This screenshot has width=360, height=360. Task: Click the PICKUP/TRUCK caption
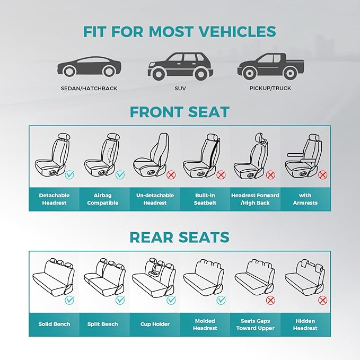(270, 88)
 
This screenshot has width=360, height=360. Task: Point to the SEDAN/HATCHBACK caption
(89, 88)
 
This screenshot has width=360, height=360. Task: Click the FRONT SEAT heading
(180, 112)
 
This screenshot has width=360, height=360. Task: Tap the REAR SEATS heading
(180, 237)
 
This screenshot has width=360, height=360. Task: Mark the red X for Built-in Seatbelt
(221, 174)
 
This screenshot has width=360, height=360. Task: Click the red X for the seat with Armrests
(322, 174)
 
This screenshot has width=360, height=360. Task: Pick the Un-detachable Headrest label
(155, 199)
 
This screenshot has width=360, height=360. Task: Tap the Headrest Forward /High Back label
(256, 199)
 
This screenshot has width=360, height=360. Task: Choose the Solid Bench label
(54, 324)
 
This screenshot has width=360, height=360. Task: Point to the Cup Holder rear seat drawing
(154, 277)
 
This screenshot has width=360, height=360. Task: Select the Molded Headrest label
(205, 324)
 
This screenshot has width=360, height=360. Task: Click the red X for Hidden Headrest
(322, 300)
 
